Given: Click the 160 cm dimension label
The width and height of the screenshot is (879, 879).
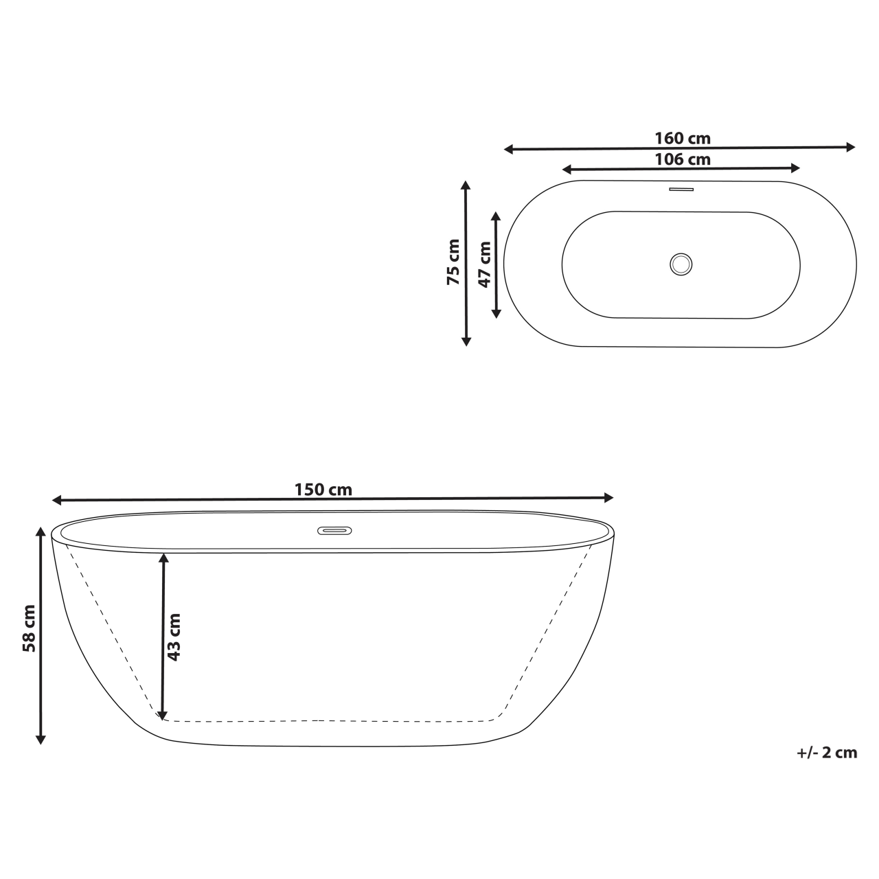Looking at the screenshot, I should pos(682,138).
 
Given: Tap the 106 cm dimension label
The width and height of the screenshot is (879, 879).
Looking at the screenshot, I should pos(682,159).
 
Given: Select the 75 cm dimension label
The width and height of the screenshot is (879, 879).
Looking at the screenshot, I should pos(454,262).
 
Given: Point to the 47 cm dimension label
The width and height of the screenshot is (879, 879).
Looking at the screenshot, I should pos(485,264).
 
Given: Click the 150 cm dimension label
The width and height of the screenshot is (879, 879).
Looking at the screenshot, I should pos(323,490).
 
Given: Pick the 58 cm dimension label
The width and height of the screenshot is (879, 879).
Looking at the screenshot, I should pos(29,628).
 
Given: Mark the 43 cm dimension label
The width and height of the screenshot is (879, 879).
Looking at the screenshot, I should pos(174,637).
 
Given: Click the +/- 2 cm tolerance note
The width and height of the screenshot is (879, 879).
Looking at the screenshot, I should pos(827,752).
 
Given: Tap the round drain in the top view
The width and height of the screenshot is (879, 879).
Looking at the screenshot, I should pos(681,264).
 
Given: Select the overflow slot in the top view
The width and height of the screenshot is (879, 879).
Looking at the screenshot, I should pos(681,189).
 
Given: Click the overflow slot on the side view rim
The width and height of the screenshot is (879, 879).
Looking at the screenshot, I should pos(334,531).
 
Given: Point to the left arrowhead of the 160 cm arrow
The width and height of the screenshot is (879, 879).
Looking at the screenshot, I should pos(509,148).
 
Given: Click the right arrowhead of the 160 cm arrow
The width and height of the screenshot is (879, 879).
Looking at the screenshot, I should pos(852,146).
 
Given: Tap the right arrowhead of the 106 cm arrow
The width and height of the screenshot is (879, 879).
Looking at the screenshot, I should pos(796,168).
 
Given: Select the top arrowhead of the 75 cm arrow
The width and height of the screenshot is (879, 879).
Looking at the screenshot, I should pos(466,185).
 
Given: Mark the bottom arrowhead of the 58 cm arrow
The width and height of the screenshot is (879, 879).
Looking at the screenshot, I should pos(41,739).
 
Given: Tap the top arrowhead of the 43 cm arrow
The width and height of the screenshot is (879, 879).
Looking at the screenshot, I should pos(163,558).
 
